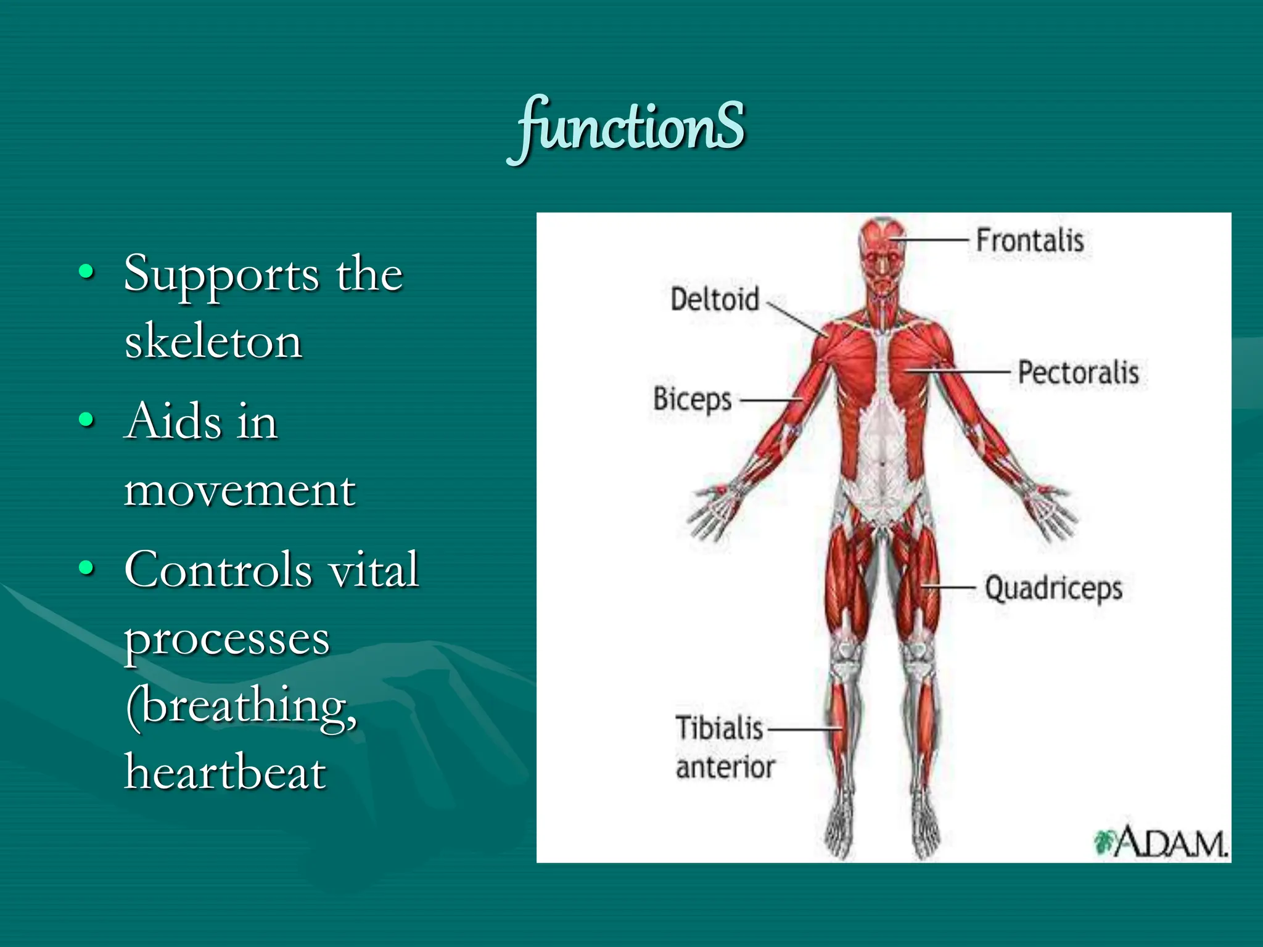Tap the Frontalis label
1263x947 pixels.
(x=1030, y=240)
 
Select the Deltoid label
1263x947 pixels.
(x=715, y=299)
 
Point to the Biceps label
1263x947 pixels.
(x=692, y=399)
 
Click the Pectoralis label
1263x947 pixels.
(x=1078, y=372)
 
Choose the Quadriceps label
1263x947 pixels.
(x=1053, y=588)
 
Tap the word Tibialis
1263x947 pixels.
(x=720, y=728)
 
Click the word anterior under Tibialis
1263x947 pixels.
(x=725, y=768)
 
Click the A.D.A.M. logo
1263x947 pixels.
(x=1161, y=842)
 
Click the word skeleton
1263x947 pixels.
(x=213, y=341)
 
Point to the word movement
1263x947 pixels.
(x=240, y=491)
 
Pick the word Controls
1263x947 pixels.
(x=218, y=569)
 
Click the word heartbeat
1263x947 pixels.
(x=225, y=772)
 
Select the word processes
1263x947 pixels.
(x=227, y=639)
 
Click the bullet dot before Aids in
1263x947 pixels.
(x=87, y=420)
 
